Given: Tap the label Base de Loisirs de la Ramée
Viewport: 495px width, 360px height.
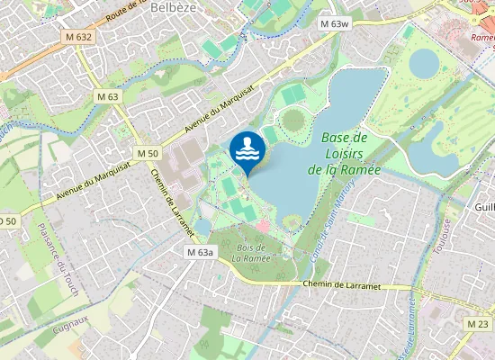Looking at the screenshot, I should pos(344,153).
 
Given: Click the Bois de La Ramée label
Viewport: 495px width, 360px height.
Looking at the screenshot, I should pos(249,253).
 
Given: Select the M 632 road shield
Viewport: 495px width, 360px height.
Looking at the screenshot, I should pos(78,37).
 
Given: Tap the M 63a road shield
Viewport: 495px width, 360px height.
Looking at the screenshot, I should pos(200,252).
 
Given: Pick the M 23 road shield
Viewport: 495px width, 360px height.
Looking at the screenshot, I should pos(478,323).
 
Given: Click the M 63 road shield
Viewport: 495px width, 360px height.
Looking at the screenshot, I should pos(107,96).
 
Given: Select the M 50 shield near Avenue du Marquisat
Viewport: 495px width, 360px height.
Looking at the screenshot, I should pos(148,154).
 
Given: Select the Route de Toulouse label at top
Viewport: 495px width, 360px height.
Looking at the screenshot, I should pos(126,12).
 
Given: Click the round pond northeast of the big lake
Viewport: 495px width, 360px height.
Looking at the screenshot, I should pos(425,62).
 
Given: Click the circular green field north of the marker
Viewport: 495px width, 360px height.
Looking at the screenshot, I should pos(293,120).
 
